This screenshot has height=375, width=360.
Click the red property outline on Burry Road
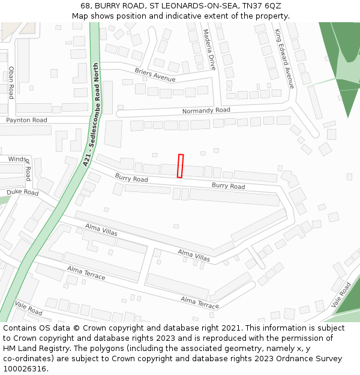click(180, 166)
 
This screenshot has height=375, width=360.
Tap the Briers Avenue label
click(155, 75)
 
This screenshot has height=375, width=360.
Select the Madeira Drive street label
click(209, 50)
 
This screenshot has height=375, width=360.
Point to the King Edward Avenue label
click(284, 58)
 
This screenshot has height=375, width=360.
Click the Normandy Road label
click(206, 111)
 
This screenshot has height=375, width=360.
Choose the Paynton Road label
click(26, 121)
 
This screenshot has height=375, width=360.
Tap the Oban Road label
click(11, 82)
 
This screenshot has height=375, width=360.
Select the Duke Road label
click(22, 193)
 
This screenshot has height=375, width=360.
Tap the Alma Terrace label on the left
click(86, 273)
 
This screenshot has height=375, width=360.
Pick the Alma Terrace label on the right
click(200, 302)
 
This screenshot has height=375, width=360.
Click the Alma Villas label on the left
click(101, 229)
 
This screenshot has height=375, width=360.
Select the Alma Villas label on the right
click(194, 255)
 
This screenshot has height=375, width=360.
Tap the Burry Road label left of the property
click(131, 179)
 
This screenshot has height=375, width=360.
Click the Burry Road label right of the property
click(228, 187)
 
